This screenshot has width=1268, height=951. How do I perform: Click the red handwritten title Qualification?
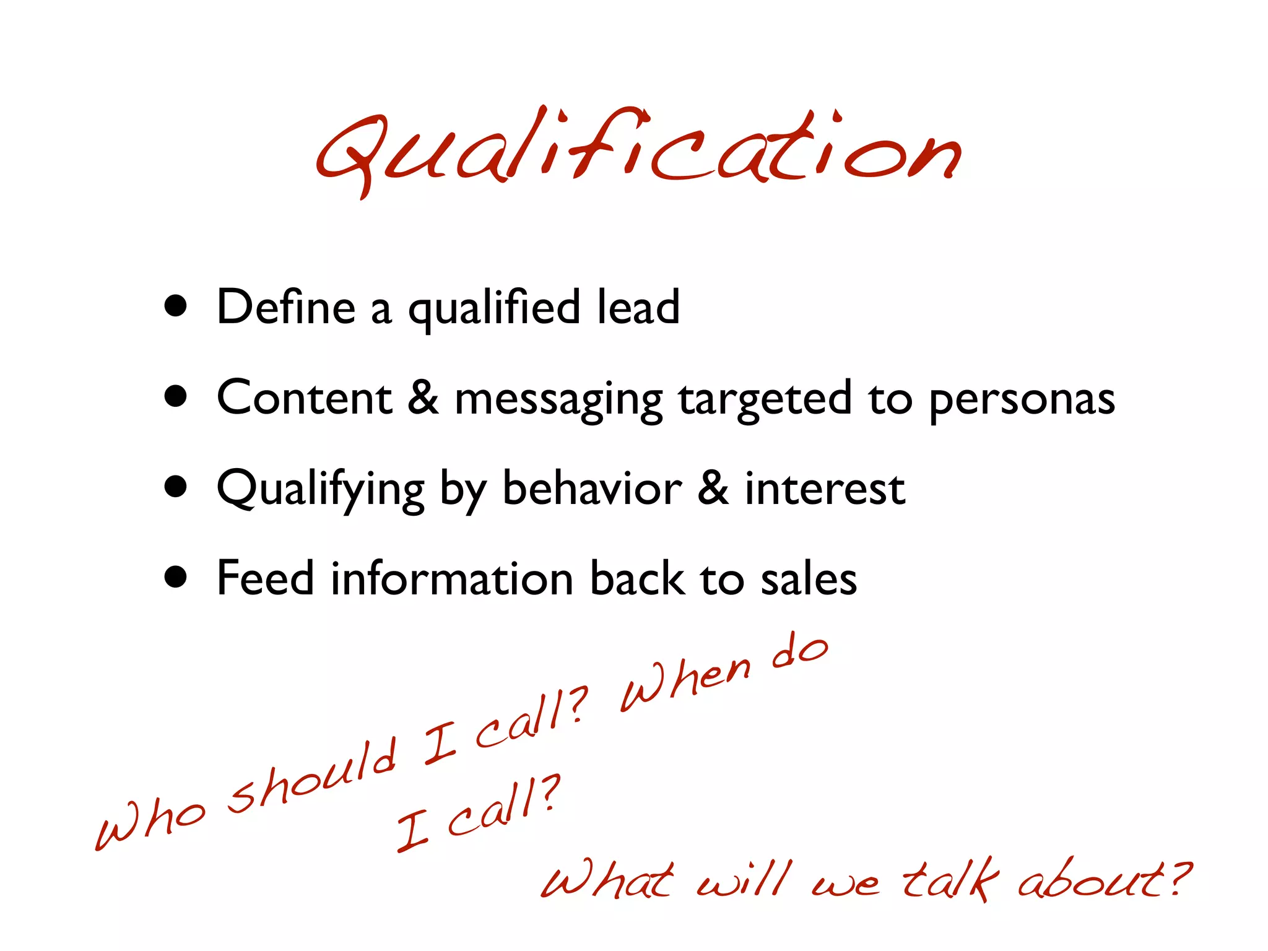[x=638, y=152]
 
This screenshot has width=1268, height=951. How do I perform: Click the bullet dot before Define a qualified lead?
[x=176, y=306]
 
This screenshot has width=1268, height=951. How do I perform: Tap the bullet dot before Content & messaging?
[x=176, y=396]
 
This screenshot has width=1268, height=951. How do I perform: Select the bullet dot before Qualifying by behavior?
[x=176, y=487]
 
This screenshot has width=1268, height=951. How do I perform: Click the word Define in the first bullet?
[x=286, y=307]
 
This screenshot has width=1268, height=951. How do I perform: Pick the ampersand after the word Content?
[x=423, y=397]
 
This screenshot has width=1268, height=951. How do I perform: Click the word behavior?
[x=592, y=488]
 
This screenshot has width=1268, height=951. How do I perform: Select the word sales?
[x=809, y=580]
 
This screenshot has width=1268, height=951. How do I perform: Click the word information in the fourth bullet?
[x=452, y=578]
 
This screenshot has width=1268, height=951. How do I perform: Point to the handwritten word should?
[x=313, y=777]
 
